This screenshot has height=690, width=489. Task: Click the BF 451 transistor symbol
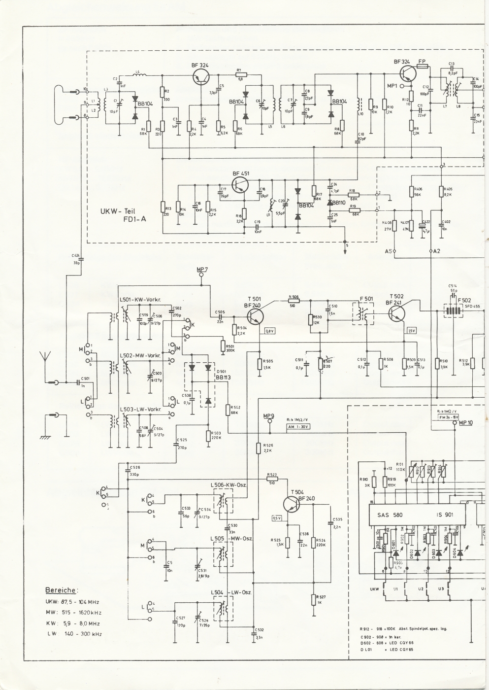coord(240,184)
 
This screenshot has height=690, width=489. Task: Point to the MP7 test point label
coord(202,269)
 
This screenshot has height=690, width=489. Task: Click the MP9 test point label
coord(269,415)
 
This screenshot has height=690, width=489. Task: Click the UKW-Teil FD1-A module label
coord(123,215)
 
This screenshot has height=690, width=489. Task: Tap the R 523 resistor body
coord(272,478)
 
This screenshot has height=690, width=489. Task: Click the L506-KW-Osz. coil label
coord(228,485)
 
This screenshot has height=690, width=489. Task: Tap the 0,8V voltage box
coord(271,331)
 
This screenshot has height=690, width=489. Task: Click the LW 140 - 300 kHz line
coord(74,633)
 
